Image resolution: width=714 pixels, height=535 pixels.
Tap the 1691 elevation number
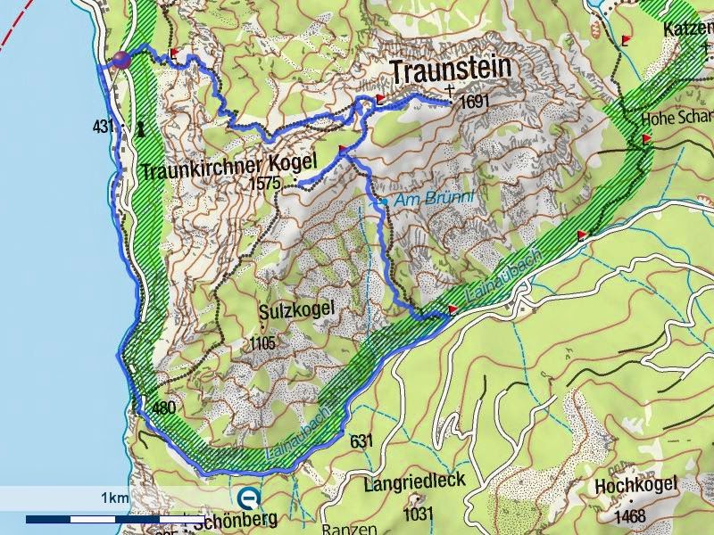coord(476,102)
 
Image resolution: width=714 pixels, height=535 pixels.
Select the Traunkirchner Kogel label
coord(228,166)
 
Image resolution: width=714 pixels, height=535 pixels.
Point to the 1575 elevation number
coord(267,184)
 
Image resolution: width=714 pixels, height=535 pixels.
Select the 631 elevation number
coord(361,440)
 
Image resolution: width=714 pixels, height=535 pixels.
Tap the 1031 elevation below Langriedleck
coord(418,513)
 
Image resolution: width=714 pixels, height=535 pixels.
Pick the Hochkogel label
coord(636,486)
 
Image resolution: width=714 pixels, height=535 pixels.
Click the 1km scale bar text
coord(113,497)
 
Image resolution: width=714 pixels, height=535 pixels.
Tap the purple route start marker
coord(120,60)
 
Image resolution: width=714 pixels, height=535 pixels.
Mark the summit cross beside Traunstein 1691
coord(449,90)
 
